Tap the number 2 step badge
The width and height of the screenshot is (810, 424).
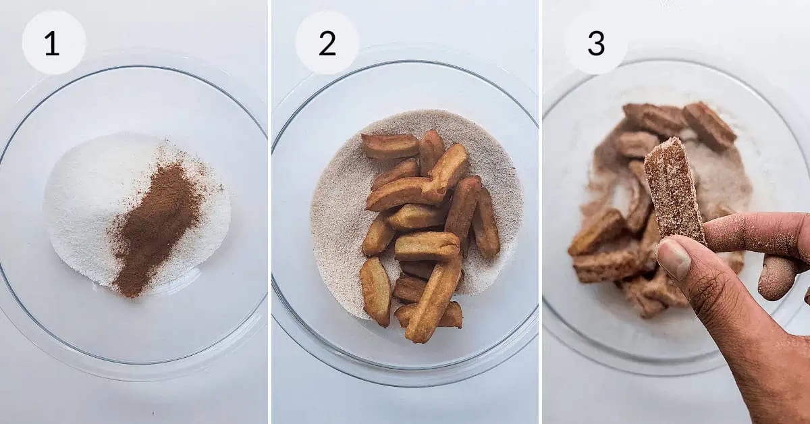tap(327, 43)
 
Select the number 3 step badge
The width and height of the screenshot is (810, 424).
tap(595, 43)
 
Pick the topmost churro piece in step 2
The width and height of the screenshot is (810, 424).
tap(390, 145)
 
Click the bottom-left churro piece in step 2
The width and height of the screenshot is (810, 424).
tap(375, 290)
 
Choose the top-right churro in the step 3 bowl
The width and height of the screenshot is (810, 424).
tap(709, 126)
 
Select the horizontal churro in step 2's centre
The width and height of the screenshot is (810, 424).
tap(427, 246)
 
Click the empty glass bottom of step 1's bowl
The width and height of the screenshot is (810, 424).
tap(135, 331)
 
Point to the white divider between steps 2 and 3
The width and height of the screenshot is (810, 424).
tap(540, 212)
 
